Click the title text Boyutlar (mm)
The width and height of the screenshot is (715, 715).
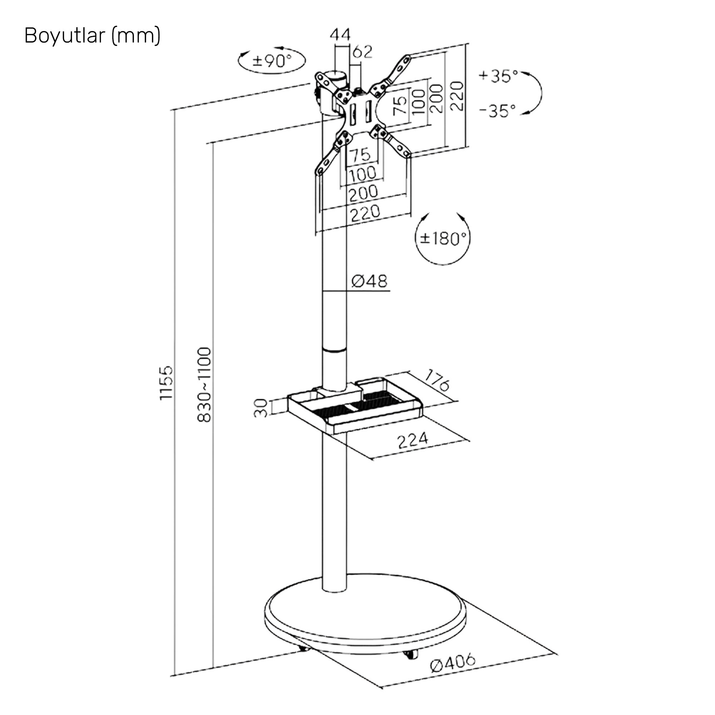(92, 36)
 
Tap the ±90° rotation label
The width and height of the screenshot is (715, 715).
(272, 60)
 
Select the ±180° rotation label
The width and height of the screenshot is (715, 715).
(443, 238)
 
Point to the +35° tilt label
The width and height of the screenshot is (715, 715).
(498, 76)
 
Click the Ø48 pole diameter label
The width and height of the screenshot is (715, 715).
(369, 281)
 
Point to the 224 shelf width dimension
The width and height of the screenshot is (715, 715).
(412, 440)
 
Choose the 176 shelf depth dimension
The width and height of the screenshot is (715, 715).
(437, 380)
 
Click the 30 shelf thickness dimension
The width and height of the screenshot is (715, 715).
(261, 408)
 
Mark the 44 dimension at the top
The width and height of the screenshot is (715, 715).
(340, 35)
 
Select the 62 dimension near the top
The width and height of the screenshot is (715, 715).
(362, 52)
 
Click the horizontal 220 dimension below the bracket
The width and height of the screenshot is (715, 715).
(365, 213)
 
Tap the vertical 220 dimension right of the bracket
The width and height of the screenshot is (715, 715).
(458, 96)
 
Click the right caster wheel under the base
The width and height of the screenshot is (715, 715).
(410, 654)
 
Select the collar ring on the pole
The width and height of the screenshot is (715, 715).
(335, 349)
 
